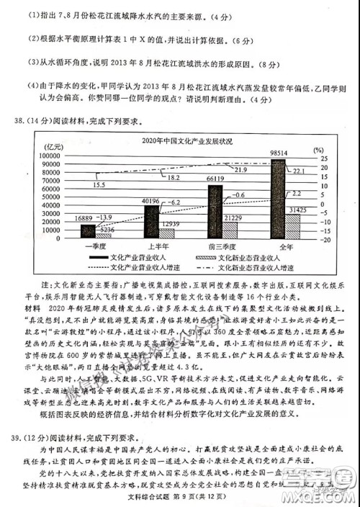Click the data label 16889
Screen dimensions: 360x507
[x=84, y=217]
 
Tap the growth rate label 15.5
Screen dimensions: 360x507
[x=99, y=185]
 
